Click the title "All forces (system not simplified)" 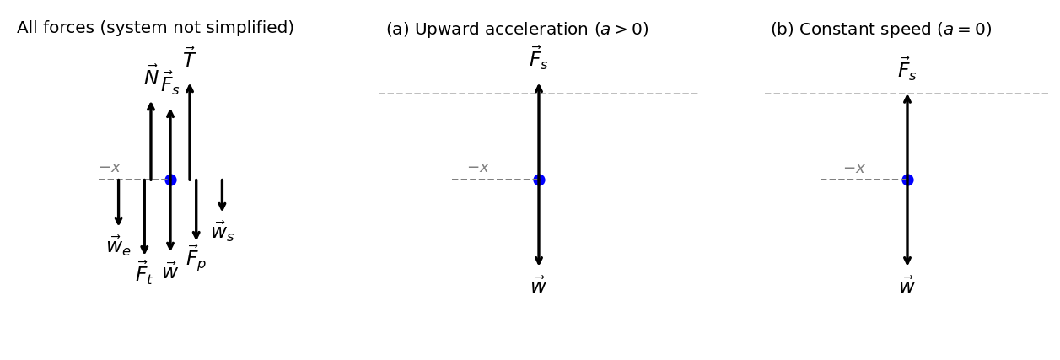[x=155, y=28]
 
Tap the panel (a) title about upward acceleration [x=517, y=30]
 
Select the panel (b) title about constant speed [x=880, y=30]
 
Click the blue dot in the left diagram [x=170, y=180]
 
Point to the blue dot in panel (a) [x=539, y=180]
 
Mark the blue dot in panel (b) [x=907, y=180]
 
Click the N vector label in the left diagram [x=151, y=77]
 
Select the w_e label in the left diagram [x=118, y=246]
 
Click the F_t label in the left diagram [x=144, y=273]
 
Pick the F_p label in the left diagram [x=196, y=257]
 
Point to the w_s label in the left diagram [x=223, y=231]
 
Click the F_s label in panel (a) [x=539, y=59]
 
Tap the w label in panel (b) [x=907, y=286]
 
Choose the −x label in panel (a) [x=478, y=168]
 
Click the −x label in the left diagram [x=110, y=168]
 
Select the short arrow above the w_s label [x=222, y=195]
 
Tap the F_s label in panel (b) [x=907, y=70]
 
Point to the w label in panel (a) [x=539, y=286]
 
